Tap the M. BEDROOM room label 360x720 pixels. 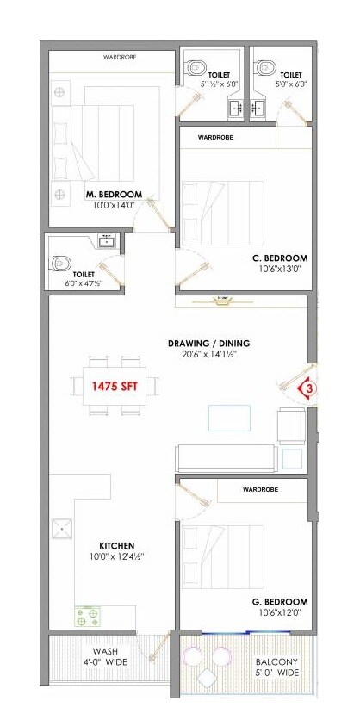(114, 195)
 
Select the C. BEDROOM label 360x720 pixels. (280, 258)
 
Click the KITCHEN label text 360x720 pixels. (117, 545)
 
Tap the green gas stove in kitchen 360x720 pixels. (87, 617)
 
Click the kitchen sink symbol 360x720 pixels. (63, 528)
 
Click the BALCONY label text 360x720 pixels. (276, 661)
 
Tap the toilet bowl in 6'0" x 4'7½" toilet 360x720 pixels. (61, 262)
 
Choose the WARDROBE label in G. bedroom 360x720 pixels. (260, 489)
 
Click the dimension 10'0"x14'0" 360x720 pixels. (112, 206)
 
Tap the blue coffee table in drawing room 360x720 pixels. (230, 418)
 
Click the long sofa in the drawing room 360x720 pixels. (227, 456)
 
